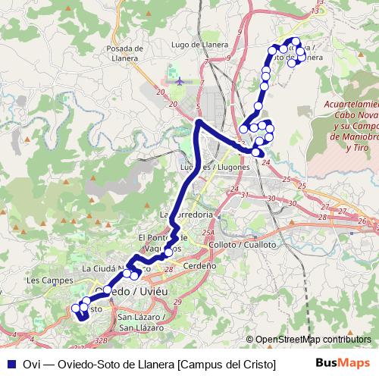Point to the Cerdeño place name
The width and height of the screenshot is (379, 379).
click(200, 266)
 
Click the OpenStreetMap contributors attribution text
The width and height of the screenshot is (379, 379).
click(312, 340)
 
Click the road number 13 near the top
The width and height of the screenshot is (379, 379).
click(315, 11)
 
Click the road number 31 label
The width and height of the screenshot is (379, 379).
click(244, 196)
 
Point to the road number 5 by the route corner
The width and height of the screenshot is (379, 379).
click(197, 108)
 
